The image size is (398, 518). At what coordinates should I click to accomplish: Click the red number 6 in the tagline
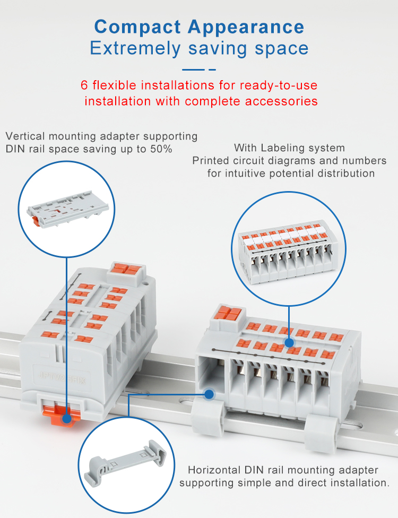pyautogui.click(x=84, y=85)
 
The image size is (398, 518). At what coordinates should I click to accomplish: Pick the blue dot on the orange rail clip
pyautogui.click(x=67, y=419)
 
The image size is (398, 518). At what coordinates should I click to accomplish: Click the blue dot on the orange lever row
pyautogui.click(x=290, y=343)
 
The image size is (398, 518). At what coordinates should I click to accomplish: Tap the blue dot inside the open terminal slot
pyautogui.click(x=209, y=394)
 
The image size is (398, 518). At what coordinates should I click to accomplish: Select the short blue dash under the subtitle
pyautogui.click(x=212, y=70)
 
